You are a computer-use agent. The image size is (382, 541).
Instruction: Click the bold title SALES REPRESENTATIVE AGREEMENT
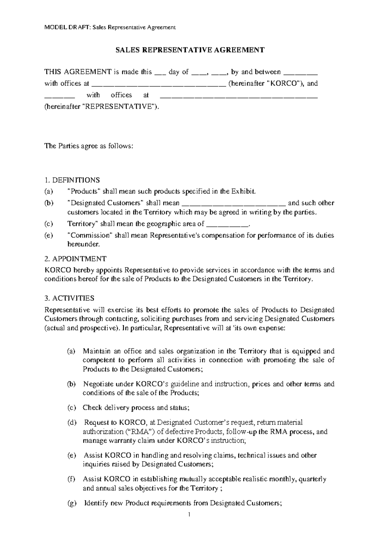click(x=190, y=50)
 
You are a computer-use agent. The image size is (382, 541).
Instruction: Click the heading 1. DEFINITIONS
click(x=72, y=180)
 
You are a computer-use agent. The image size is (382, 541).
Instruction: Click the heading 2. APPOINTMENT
click(x=75, y=259)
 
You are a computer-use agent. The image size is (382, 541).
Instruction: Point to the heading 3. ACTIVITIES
click(x=69, y=298)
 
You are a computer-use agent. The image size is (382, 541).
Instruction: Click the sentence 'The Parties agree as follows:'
click(x=88, y=146)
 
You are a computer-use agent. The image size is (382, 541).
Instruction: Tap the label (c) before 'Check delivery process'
click(x=72, y=408)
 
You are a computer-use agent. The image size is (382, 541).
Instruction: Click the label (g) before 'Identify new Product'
click(x=72, y=503)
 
